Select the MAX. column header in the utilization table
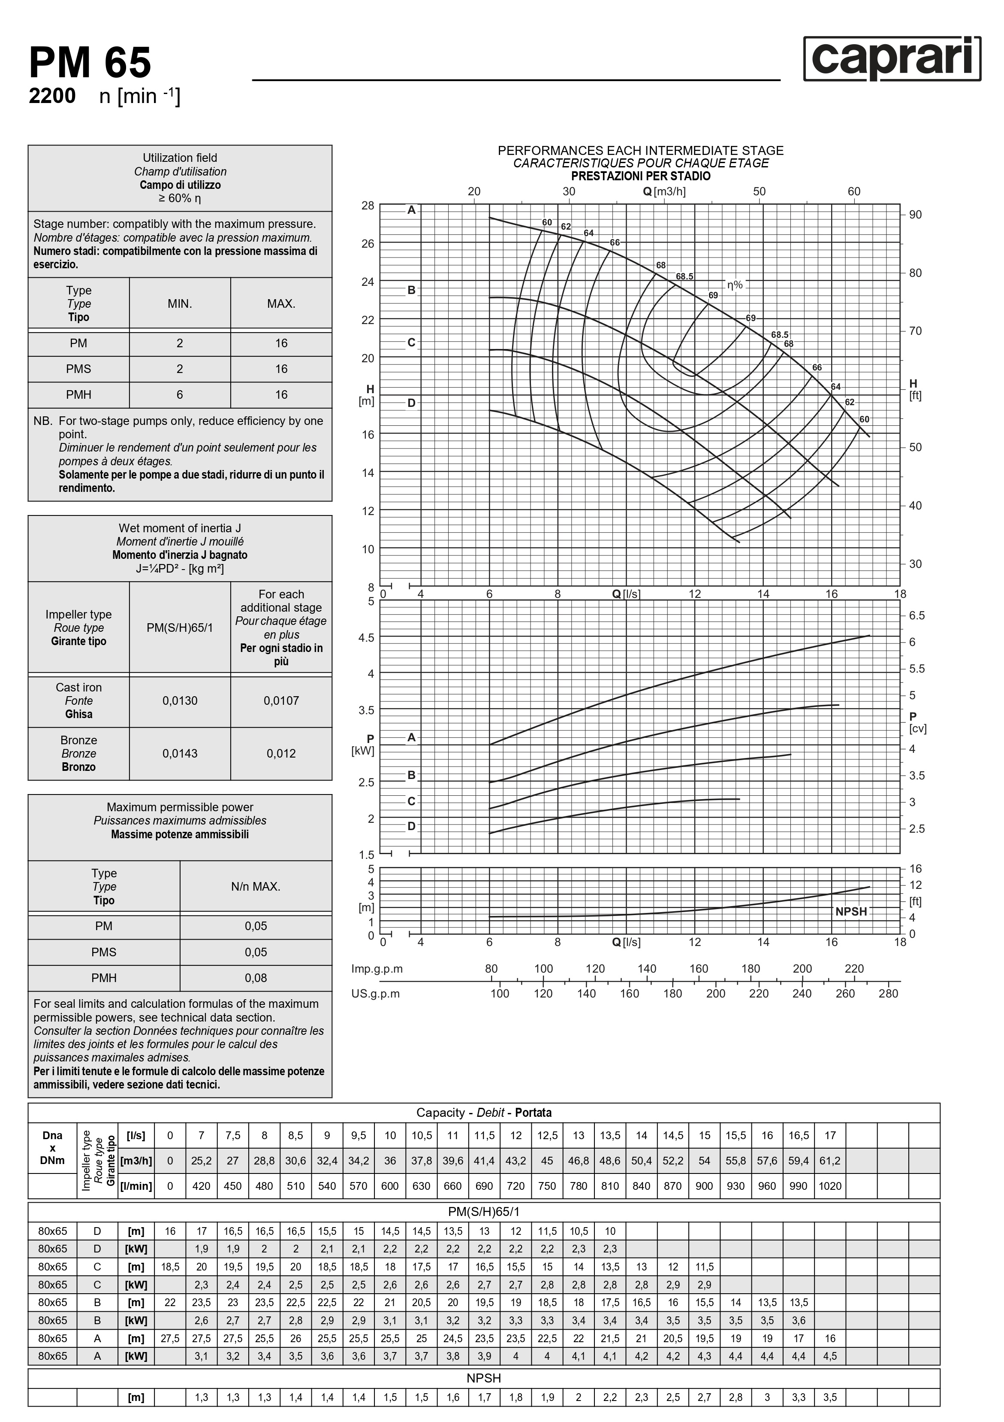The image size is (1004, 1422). (x=281, y=303)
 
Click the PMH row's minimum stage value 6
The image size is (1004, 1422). (x=180, y=394)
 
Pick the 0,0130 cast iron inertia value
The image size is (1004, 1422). (x=180, y=700)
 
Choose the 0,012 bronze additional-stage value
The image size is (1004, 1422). (x=281, y=753)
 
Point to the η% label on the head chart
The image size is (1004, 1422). (x=735, y=285)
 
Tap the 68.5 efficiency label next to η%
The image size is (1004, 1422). (x=684, y=276)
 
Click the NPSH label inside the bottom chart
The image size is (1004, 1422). (x=851, y=912)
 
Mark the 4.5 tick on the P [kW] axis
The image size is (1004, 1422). (x=366, y=638)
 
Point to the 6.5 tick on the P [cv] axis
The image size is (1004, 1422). (x=917, y=615)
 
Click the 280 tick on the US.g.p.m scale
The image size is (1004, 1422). (x=888, y=994)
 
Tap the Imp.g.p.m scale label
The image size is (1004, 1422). (x=377, y=969)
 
